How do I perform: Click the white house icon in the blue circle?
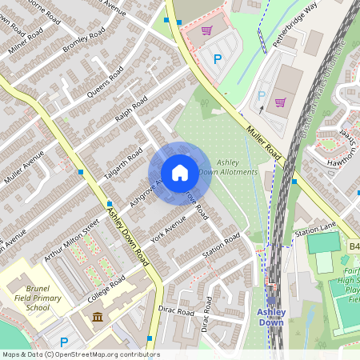point(179,172)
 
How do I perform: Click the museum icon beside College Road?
point(98,318)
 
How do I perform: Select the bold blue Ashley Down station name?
point(270,317)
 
